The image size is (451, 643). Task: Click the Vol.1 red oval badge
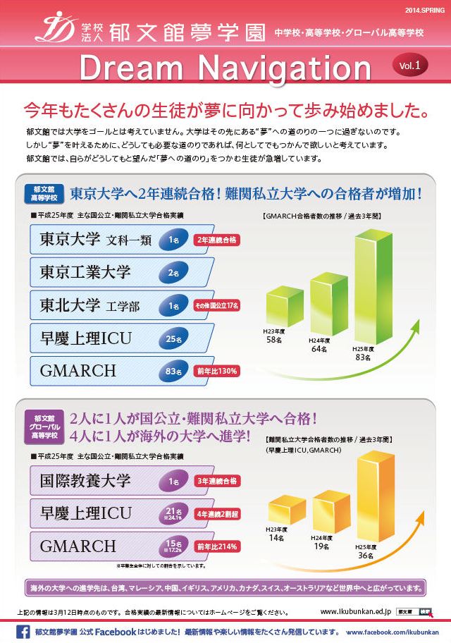pos(409,65)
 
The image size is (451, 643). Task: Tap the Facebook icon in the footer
pos(22,632)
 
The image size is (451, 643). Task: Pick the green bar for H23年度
pos(285,309)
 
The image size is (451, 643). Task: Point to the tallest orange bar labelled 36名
pos(376,490)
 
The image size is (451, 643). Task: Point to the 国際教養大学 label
pos(86,482)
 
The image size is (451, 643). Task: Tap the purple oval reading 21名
pos(172,514)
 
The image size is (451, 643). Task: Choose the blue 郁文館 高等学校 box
pos(44,194)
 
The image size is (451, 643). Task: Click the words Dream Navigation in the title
pos(225,68)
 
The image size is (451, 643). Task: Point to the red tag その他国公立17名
pos(217,305)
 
